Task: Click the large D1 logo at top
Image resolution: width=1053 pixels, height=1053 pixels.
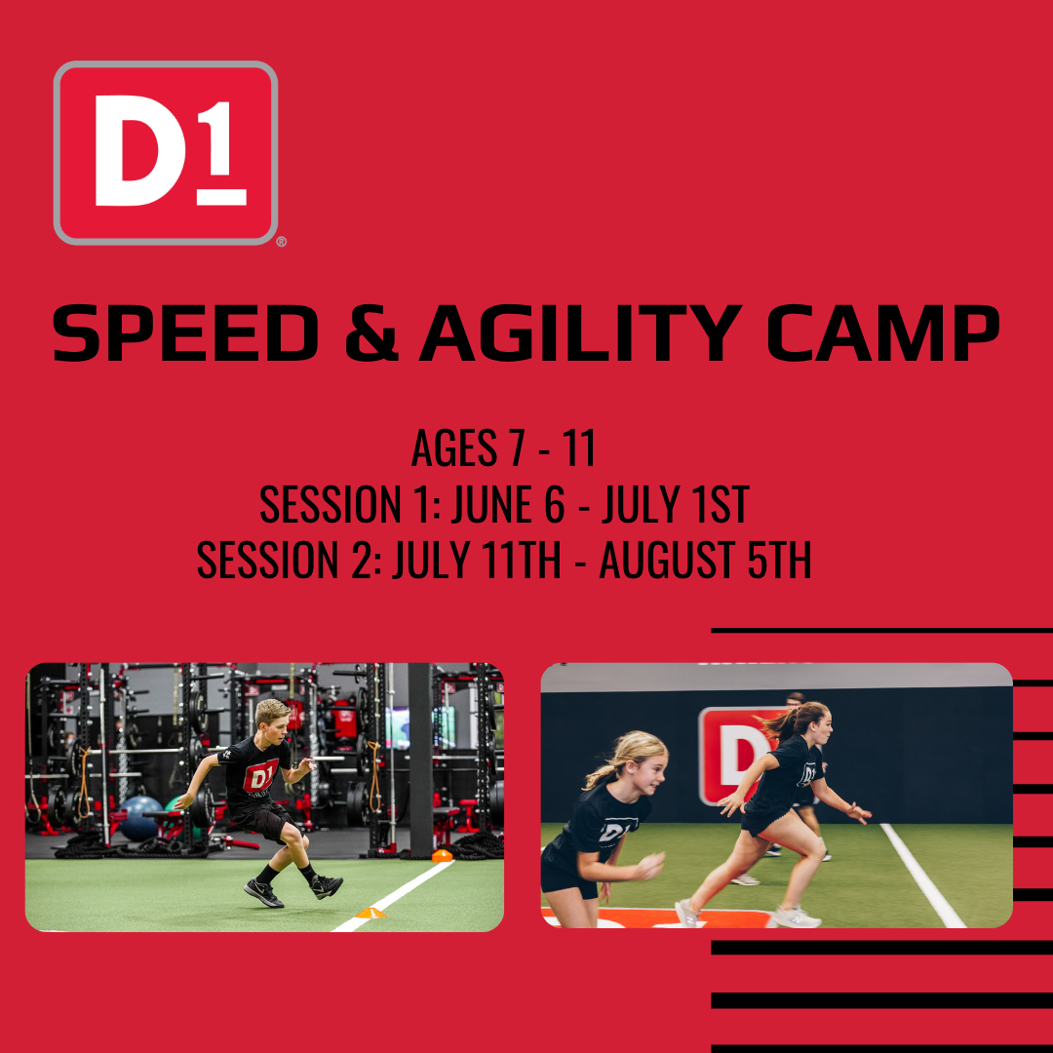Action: (x=166, y=153)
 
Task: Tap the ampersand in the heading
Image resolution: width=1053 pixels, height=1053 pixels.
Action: (x=371, y=333)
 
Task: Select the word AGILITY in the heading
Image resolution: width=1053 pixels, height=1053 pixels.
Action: (x=581, y=333)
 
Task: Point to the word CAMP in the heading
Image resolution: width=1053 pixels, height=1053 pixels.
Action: (x=883, y=333)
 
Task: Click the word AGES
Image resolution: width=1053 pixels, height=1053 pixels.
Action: (x=454, y=448)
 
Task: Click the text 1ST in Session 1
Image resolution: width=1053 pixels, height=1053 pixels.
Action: (x=721, y=504)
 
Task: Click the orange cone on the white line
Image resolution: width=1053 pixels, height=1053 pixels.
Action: (x=370, y=912)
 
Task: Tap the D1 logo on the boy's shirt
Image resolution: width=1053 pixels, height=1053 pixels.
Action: (x=260, y=777)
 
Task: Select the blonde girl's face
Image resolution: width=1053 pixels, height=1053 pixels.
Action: (x=648, y=769)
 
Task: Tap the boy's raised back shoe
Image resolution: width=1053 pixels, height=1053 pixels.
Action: (x=327, y=885)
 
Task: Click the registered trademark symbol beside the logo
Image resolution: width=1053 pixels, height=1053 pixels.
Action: (x=282, y=242)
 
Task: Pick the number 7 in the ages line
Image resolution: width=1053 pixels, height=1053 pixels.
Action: (x=517, y=448)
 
